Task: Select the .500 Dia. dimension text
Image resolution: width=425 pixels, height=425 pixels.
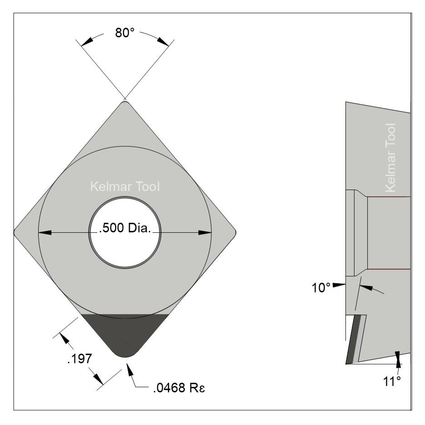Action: pos(125,228)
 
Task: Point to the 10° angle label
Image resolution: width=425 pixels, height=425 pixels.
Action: pos(321,288)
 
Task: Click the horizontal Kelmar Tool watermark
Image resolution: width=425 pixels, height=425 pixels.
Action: pos(125,187)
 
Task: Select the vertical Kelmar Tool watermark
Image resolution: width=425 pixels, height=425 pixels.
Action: pos(390,158)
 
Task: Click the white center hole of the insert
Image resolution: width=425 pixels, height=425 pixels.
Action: pos(125,245)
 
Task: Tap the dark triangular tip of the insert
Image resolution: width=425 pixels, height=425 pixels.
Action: pos(125,332)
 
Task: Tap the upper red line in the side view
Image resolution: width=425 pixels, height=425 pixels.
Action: pos(389,197)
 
